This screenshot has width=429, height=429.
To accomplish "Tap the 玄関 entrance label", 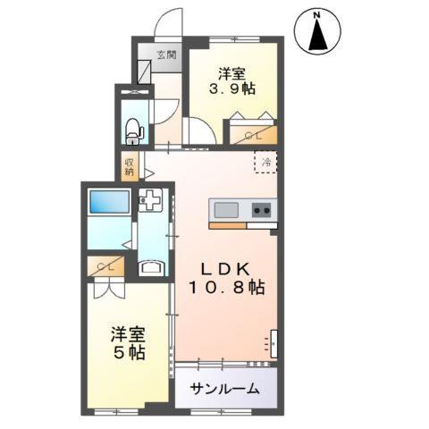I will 167,55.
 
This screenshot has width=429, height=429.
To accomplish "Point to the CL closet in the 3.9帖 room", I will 251,134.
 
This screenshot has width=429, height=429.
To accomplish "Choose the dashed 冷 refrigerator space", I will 265,163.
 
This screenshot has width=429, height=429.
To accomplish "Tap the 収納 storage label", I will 130,165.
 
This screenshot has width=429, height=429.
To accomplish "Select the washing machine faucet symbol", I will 151,202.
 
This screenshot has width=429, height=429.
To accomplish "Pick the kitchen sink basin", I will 226,209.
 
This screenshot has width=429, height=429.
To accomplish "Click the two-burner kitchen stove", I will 262,209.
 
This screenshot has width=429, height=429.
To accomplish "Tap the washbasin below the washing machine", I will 151,265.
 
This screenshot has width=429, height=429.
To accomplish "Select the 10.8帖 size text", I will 226,288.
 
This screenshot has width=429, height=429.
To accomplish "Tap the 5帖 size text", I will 128,351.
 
